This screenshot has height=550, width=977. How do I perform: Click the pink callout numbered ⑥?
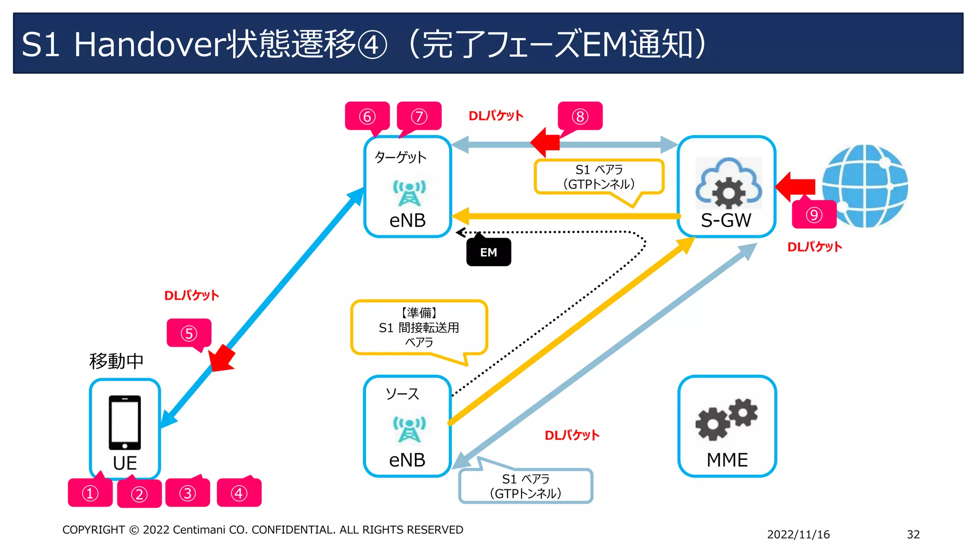click(x=367, y=116)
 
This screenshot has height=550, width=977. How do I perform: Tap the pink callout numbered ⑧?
click(x=580, y=116)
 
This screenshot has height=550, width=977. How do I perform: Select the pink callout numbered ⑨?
click(x=814, y=215)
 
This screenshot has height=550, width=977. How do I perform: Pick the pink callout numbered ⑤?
click(x=189, y=333)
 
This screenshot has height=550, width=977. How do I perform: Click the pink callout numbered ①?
click(x=90, y=493)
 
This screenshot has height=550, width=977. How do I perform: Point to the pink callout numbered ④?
click(x=239, y=493)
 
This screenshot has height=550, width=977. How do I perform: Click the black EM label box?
click(x=488, y=252)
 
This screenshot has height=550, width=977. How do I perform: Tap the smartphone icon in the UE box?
click(x=125, y=422)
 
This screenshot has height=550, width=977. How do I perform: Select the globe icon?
click(x=865, y=186)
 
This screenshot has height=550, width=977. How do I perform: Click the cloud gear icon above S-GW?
click(x=728, y=183)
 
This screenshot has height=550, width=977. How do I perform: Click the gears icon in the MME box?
click(x=727, y=419)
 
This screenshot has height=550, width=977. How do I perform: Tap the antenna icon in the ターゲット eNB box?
click(x=409, y=192)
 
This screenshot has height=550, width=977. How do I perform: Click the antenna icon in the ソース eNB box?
click(x=409, y=429)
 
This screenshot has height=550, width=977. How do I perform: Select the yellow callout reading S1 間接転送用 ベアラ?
click(x=419, y=328)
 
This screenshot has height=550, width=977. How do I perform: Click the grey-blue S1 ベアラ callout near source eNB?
click(x=526, y=486)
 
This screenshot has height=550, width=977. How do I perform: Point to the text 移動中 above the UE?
click(x=116, y=361)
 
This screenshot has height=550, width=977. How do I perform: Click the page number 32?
click(x=913, y=534)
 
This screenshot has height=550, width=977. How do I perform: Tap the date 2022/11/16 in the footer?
click(x=798, y=534)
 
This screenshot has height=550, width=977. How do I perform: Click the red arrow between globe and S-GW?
click(x=796, y=186)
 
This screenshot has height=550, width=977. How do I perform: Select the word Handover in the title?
click(x=149, y=44)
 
